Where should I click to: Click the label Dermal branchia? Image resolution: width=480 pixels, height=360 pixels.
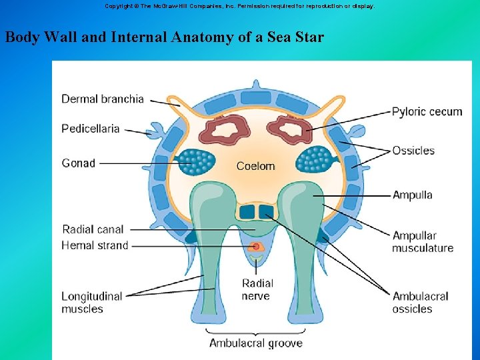coord(102,99)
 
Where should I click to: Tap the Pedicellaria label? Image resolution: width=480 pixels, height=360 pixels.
coord(91,128)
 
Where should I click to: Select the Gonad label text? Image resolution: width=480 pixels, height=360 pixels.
coord(79,163)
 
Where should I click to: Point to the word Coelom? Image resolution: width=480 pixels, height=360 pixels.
coord(255,166)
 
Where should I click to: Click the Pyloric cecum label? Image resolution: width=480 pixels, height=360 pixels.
coord(427,111)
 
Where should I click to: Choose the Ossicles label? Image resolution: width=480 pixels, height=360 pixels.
coord(413,151)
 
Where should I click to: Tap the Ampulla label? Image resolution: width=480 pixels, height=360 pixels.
coord(412,195)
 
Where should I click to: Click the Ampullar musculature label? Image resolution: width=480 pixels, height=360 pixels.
coord(422,241)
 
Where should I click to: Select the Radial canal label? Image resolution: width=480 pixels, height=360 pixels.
coord(93,229)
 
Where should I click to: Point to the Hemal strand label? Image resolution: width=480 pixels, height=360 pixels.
coord(95,245)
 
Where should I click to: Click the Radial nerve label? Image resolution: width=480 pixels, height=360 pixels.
coord(257,289)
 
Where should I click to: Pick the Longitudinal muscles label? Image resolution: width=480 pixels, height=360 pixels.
coord(92,302)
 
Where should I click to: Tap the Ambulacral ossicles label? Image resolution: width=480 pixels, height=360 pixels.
coord(420,302)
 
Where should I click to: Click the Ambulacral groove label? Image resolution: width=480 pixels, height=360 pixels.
coord(256,343)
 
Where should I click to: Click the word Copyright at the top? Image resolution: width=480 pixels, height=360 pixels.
coord(117,5)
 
